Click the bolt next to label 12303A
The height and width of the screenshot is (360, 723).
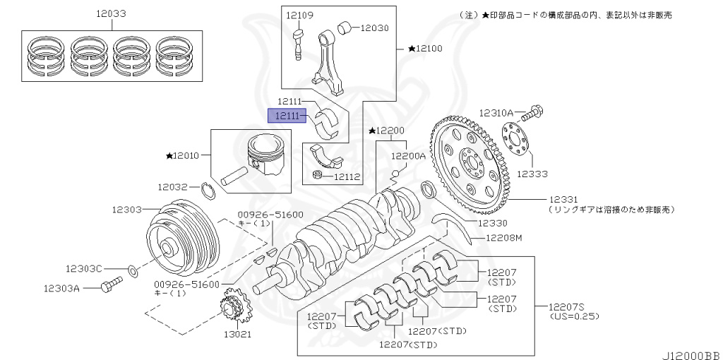pyautogui.click(x=111, y=284)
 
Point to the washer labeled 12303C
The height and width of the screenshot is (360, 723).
pyautogui.click(x=132, y=270)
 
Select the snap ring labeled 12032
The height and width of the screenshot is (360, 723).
pyautogui.click(x=208, y=190)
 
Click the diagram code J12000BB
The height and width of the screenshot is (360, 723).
pyautogui.click(x=691, y=352)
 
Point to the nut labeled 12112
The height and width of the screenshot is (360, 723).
pyautogui.click(x=318, y=175)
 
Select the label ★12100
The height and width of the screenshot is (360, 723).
pyautogui.click(x=425, y=49)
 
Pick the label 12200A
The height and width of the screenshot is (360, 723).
pyautogui.click(x=409, y=156)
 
